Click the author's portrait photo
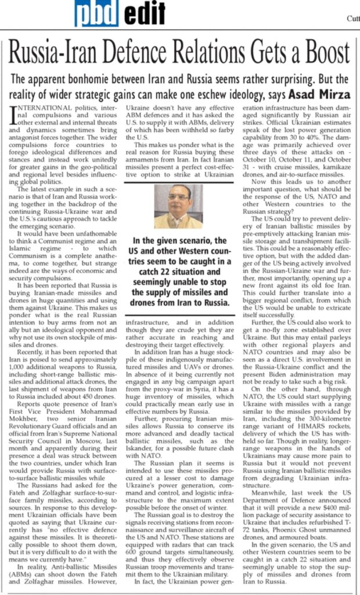click(x=179, y=206)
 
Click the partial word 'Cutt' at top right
click(x=352, y=17)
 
